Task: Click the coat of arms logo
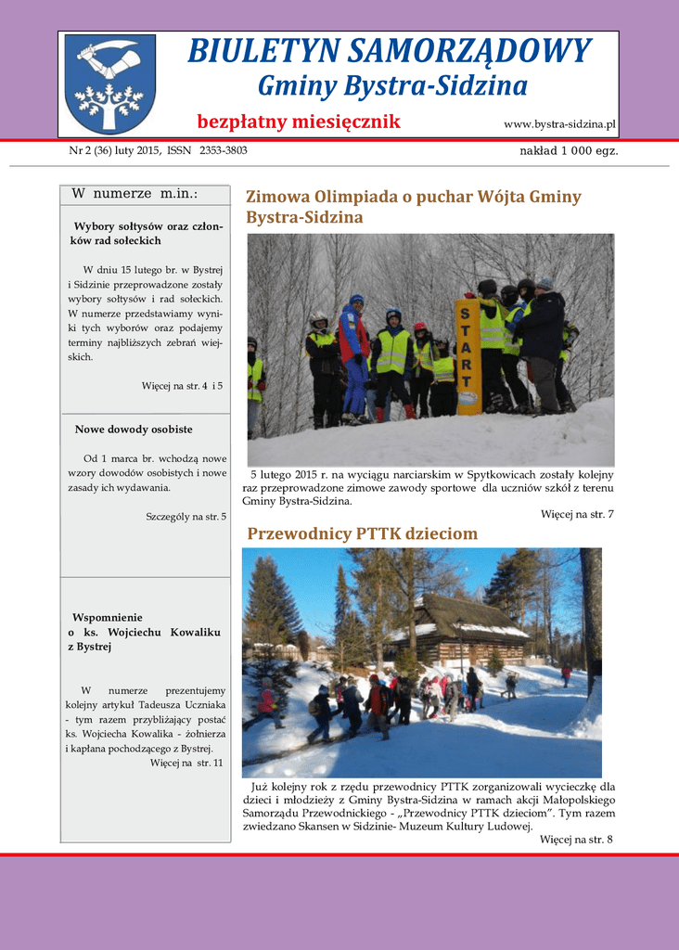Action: pos(109,83)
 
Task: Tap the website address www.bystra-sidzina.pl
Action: pos(559,124)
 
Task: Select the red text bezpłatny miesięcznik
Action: pos(299,122)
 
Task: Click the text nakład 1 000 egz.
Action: pos(569,151)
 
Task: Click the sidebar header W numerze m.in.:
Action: pos(135,194)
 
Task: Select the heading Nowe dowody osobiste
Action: pos(134,430)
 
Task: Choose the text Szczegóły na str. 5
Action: pos(186,516)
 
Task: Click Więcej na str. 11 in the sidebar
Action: pos(186,763)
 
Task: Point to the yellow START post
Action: pos(468,356)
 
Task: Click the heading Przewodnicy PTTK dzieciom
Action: pos(362,533)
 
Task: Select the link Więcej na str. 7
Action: pos(577,514)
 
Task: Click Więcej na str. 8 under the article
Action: pos(576,840)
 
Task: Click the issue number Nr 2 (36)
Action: pos(95,150)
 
